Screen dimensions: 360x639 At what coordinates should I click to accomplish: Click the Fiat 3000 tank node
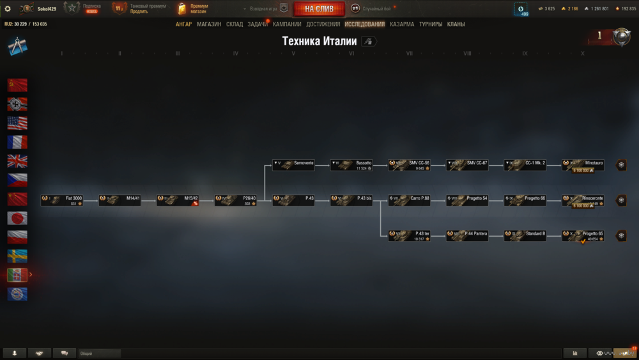coord(62,200)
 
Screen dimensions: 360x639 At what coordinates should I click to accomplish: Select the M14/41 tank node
coord(119,200)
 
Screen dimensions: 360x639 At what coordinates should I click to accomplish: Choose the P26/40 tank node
coord(235,200)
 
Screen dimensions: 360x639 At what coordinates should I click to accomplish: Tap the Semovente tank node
coord(293,165)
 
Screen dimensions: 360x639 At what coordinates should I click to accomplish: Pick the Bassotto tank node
coord(351,165)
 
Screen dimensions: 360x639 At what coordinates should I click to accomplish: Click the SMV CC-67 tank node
coord(467,165)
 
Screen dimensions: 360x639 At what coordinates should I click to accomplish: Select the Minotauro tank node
coord(583,165)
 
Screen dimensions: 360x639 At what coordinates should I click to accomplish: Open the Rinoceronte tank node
coord(583,200)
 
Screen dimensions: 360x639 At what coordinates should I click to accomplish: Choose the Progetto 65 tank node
coord(583,235)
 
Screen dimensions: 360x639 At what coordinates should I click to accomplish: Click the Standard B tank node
coord(525,235)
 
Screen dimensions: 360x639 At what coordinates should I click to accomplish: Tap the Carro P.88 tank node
coord(409,200)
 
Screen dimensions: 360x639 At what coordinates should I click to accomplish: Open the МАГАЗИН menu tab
coord(209,24)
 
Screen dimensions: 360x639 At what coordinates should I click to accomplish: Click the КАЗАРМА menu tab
coord(402,24)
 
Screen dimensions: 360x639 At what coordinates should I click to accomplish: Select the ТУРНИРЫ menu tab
coord(431,24)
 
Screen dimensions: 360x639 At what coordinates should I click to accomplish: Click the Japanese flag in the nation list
coord(17,218)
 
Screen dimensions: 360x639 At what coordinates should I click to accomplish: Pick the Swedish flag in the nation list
coord(17,256)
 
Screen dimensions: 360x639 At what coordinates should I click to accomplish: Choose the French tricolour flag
coord(17,142)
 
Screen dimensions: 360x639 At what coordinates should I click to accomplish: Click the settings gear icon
coord(8,8)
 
